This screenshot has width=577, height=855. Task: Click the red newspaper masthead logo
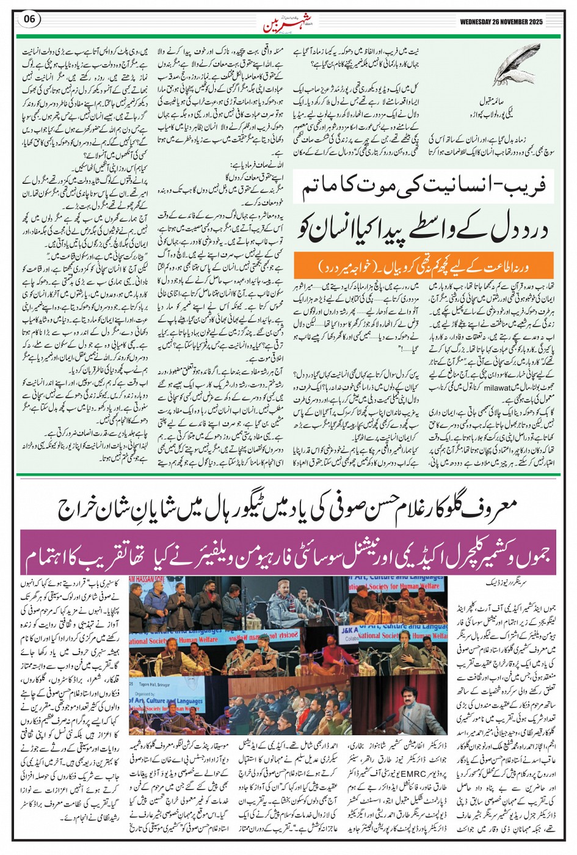282,24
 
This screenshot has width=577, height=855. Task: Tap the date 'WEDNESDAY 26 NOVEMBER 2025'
509,23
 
